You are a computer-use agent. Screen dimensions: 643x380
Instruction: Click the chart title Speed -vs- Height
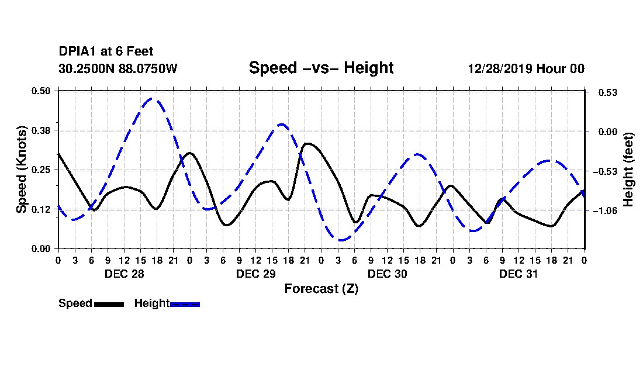[x=321, y=68]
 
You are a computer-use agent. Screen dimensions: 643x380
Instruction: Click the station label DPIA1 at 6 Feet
[x=106, y=51]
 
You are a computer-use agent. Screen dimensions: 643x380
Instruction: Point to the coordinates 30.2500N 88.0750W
[x=118, y=68]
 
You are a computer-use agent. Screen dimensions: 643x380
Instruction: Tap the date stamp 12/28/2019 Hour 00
[x=526, y=68]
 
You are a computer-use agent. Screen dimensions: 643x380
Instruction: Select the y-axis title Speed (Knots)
[x=21, y=170]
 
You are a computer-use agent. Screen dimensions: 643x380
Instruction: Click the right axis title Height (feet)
[x=628, y=170]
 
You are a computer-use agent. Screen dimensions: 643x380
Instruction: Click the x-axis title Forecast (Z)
[x=321, y=289]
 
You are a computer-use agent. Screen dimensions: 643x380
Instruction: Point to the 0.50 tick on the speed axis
[x=41, y=91]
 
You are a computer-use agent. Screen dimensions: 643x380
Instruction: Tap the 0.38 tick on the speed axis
[x=41, y=130]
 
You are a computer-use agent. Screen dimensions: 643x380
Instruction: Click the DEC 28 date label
[x=125, y=274]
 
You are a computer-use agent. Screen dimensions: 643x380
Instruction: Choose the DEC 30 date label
[x=387, y=274]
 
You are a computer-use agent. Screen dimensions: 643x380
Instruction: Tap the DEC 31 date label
[x=518, y=274]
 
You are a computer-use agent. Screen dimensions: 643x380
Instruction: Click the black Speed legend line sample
[x=109, y=304]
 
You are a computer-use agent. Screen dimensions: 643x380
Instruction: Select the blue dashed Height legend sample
[x=185, y=304]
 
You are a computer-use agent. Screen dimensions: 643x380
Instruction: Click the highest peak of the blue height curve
[x=152, y=98]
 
